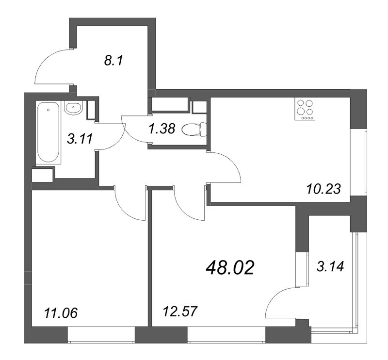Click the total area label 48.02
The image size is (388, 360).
tap(230, 267)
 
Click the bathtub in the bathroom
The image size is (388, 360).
tap(48, 132)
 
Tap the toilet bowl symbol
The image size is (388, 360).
tap(194, 130)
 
